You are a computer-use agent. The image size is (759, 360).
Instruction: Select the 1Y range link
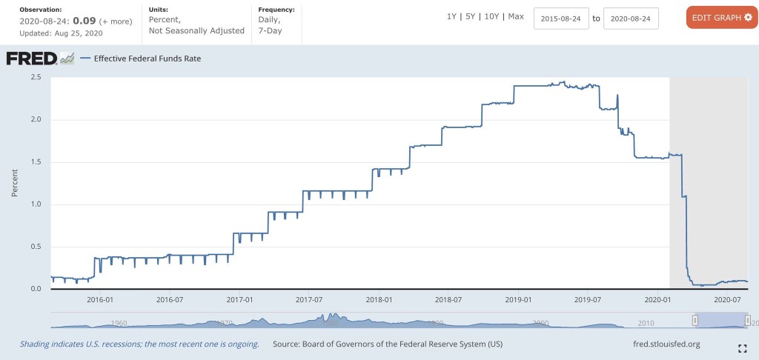451,16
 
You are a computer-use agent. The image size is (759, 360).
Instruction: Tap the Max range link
516,16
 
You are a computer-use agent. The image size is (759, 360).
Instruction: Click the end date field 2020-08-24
631,18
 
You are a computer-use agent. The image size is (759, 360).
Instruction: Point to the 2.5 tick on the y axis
36,77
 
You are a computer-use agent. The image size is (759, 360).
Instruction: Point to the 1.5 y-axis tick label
36,161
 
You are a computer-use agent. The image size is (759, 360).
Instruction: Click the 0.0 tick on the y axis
36,289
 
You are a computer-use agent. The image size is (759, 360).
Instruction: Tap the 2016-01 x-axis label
99,299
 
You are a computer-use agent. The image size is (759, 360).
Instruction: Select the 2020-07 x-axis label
727,299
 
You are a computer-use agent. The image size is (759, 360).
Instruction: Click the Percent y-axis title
15,183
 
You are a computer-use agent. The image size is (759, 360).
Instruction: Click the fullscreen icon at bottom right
742,347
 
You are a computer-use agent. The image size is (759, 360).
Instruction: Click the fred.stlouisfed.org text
663,344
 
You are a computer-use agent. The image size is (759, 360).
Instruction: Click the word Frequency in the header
276,10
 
